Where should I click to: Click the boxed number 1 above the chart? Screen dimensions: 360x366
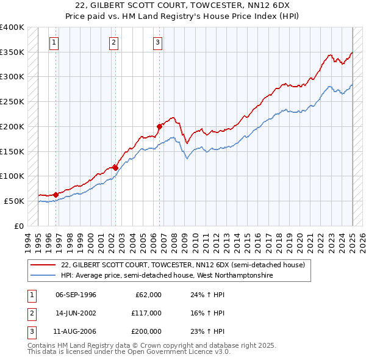[55, 43]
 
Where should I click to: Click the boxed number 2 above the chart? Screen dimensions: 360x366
[114, 43]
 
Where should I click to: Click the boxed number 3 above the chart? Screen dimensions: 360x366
[157, 43]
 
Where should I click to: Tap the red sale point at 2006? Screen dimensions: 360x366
[159, 126]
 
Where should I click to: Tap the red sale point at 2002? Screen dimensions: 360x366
[115, 167]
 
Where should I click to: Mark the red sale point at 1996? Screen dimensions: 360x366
[56, 195]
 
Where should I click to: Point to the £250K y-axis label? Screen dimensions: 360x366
[12, 101]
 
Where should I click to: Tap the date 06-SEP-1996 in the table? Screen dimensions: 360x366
[76, 295]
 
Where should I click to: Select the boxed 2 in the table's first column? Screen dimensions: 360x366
[31, 313]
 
